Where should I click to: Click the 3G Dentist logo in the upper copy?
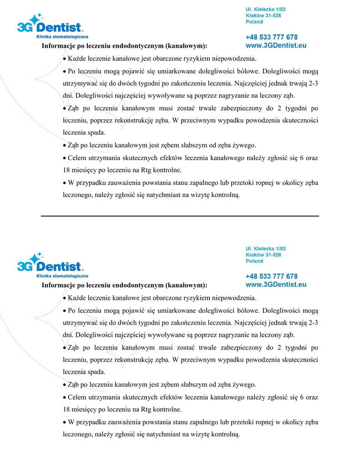click(50, 25)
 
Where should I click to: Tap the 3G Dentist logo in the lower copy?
click(50, 264)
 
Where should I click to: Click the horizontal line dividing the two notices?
click(180, 216)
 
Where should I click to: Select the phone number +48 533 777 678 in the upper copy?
click(271, 37)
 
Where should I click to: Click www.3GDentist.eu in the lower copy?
click(276, 284)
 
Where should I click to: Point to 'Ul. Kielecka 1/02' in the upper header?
click(266, 9)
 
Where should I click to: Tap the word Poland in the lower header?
click(254, 261)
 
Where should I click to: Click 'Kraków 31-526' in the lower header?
click(263, 255)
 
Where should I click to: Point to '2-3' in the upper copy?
click(313, 83)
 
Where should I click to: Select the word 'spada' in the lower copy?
click(96, 372)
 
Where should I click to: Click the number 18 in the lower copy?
click(66, 409)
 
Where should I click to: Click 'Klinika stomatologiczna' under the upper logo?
click(62, 37)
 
